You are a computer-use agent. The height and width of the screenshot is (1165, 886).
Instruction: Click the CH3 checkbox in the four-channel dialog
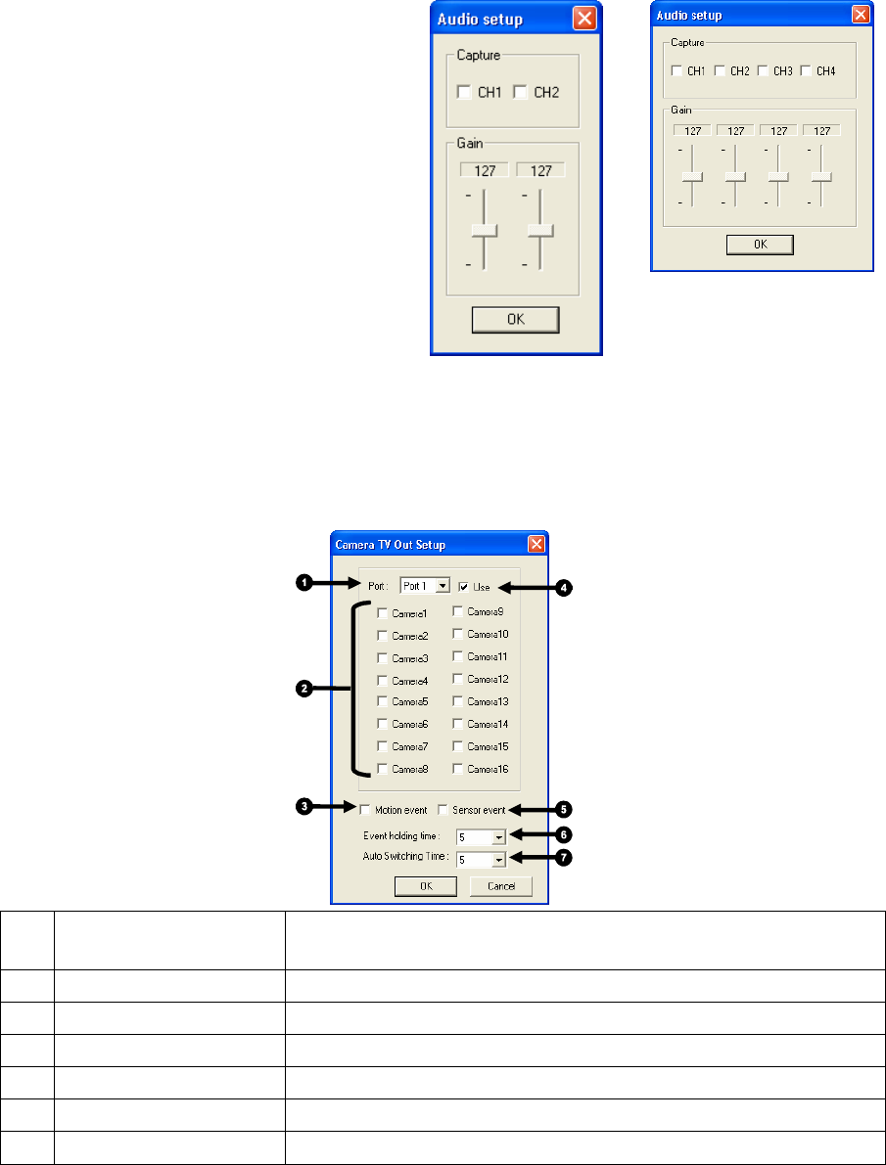pos(763,70)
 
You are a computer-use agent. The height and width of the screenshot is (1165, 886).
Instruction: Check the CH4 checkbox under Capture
pos(806,70)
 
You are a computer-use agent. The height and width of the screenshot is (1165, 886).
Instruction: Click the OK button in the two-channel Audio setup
pos(515,320)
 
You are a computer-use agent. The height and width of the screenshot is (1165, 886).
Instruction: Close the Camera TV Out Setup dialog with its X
pos(536,544)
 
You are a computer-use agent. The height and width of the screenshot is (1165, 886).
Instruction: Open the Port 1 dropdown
pos(443,586)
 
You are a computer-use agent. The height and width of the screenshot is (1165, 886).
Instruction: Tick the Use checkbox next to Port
pos(463,587)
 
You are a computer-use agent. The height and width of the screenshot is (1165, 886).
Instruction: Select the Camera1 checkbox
pos(383,613)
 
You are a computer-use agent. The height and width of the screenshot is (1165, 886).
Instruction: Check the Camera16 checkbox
pos(458,768)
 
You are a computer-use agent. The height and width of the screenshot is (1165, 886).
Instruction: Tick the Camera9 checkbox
pos(458,611)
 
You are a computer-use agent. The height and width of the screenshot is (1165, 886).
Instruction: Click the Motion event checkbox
pos(365,809)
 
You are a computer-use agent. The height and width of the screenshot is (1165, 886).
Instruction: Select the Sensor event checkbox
pos(443,809)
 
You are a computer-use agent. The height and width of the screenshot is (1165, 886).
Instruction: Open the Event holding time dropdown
pos(498,837)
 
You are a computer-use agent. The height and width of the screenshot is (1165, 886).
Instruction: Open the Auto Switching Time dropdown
pos(498,860)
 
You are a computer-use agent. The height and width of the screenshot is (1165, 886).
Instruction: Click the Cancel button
pos(500,886)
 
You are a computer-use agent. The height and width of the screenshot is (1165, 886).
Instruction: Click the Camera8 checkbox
pos(383,768)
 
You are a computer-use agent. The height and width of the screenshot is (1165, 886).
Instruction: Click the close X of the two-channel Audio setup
pos(583,19)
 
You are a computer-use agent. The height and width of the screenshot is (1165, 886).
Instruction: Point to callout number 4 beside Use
pos(562,588)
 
